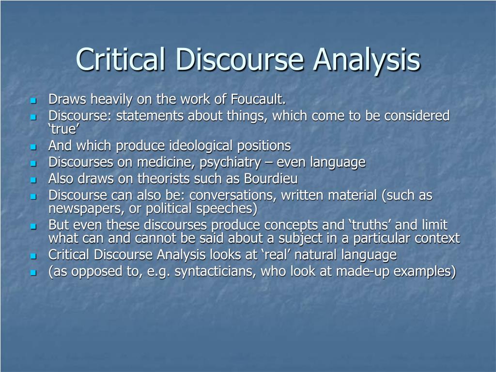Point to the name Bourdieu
pos(272,179)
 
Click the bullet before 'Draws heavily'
pos(33,101)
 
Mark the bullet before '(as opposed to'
pos(33,273)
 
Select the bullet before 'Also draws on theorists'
pos(33,180)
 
